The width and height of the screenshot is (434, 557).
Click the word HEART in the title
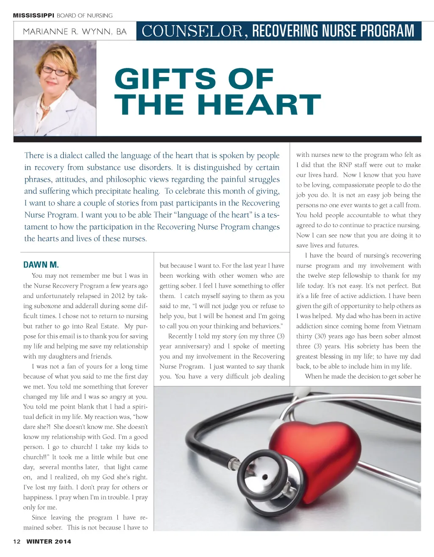coord(259,105)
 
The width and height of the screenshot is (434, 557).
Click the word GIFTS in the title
coord(166,79)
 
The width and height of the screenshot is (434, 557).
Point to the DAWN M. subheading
coord(41,265)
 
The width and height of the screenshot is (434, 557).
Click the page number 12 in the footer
coord(17,541)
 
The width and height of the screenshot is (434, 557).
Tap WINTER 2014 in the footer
coord(49,541)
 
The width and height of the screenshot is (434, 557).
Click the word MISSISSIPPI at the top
coord(33,15)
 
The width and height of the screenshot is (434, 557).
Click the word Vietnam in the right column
coord(409,326)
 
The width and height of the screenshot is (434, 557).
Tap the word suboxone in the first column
coord(46,306)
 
